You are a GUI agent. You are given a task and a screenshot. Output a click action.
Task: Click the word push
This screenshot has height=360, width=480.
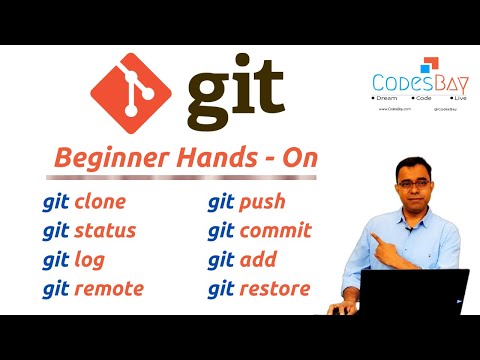pos(263,202)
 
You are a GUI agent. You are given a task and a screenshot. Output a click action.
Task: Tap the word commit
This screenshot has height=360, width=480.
pos(277,231)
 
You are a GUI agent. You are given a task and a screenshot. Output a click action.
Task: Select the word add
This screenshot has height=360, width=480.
pos(259,260)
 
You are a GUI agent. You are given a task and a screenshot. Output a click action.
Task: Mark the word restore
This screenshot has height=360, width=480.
pos(275,289)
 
